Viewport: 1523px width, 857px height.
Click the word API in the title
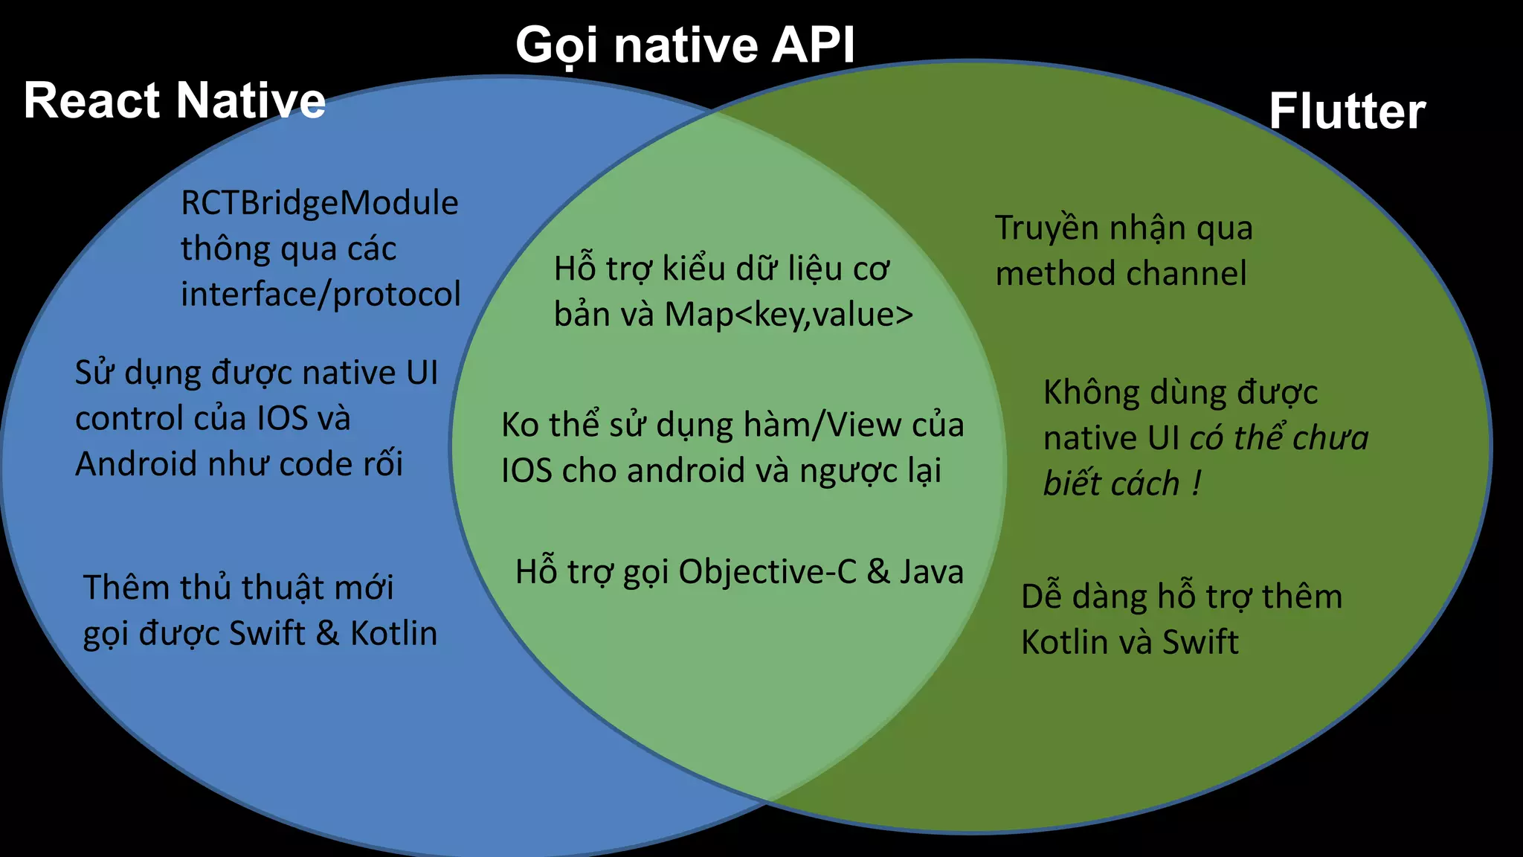tap(813, 45)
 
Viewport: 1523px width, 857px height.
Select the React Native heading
tap(175, 100)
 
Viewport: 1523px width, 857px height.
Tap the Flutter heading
tap(1347, 112)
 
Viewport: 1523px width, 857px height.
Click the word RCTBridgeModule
tap(320, 203)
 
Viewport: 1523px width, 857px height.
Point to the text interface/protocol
tap(321, 295)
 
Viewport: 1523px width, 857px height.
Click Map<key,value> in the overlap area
tap(788, 315)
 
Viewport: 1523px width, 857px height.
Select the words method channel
tap(1121, 274)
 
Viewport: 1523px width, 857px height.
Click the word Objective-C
tap(767, 572)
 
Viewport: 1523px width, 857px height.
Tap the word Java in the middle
tap(931, 572)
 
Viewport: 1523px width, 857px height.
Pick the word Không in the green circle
tap(1090, 392)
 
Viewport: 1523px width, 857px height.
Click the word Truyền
tap(1046, 228)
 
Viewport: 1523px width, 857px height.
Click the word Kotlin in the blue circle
tap(393, 634)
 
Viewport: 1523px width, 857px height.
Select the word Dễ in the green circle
tap(1040, 597)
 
